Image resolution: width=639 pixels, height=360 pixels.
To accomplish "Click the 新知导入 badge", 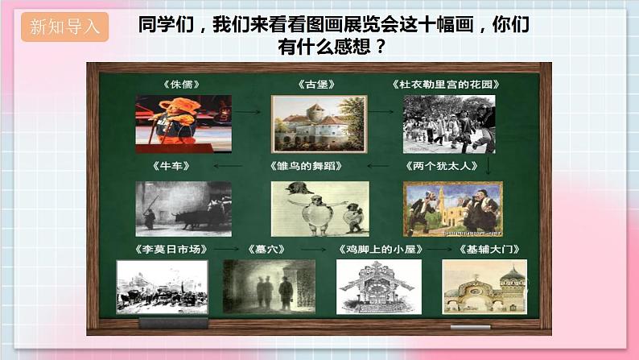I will [65, 27].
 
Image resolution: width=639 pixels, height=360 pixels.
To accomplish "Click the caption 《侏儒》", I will [181, 83].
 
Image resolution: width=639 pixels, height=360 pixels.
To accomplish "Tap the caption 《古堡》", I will [313, 83].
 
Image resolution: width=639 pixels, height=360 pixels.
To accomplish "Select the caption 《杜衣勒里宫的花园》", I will [447, 83].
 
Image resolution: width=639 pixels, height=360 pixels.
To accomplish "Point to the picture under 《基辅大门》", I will [484, 286].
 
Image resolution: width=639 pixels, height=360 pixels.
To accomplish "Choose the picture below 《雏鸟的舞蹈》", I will [319, 209].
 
